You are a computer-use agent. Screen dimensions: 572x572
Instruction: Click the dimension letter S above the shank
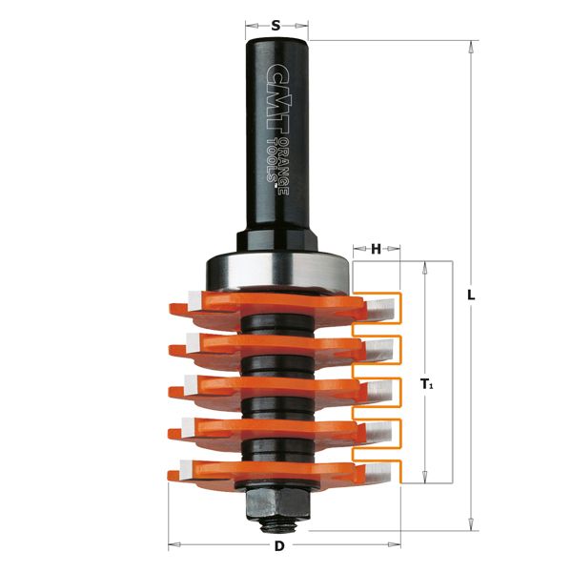(276, 26)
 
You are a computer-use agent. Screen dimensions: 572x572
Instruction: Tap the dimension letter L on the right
(470, 295)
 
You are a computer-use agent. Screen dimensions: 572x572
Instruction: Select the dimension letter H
(376, 249)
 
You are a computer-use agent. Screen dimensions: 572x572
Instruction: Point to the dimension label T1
(426, 384)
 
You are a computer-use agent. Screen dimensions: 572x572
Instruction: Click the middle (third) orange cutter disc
(276, 388)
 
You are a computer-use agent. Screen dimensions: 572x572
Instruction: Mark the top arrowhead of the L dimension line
(470, 45)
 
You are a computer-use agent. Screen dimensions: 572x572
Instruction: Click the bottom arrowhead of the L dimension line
(470, 525)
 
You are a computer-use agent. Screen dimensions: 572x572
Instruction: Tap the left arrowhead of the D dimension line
(173, 545)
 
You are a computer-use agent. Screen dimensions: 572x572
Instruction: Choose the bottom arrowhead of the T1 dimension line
(426, 482)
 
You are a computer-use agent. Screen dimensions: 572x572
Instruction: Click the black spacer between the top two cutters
(276, 324)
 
